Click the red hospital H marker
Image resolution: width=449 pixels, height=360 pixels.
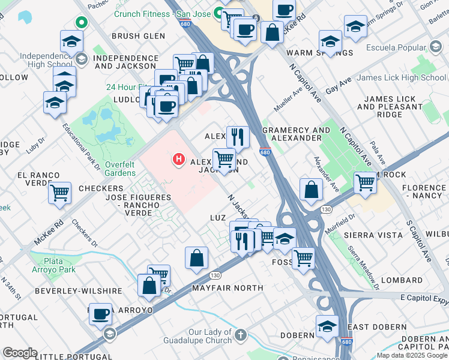pos(178,159)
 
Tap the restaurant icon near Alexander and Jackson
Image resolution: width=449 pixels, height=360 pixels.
pos(238,137)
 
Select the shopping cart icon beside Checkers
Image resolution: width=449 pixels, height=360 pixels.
pos(59,193)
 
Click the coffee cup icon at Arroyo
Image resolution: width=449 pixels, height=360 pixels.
pos(100,313)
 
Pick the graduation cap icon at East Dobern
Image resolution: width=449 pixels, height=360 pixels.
pos(327,326)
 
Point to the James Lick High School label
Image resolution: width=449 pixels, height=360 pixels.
pos(401,77)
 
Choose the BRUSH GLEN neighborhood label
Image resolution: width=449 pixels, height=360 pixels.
pos(138,36)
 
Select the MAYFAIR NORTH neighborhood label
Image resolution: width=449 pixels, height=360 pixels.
pos(228,288)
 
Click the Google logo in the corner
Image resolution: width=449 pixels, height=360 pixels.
pos(20,353)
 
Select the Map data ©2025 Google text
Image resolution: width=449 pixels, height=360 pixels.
pos(412,355)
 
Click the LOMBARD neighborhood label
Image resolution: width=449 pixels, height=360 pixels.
pos(402,280)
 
